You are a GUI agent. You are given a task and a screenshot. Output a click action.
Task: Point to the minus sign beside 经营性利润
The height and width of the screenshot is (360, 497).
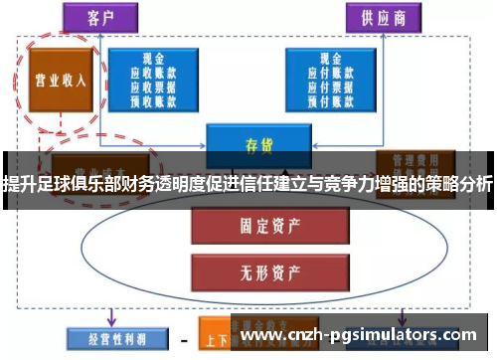tap(181, 338)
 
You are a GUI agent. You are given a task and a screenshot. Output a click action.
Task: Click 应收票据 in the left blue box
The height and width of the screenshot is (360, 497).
tap(152, 86)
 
